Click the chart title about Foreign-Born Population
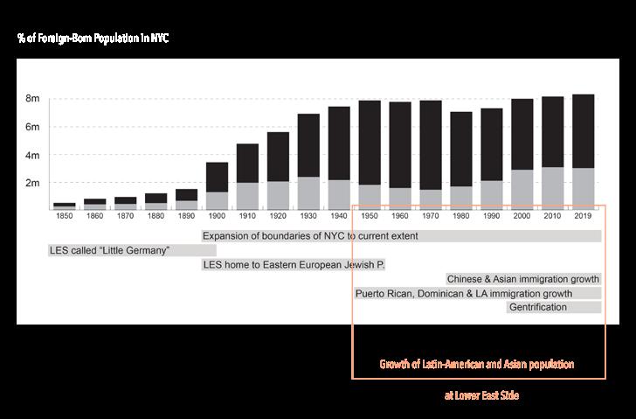pyautogui.click(x=93, y=38)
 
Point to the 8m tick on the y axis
pyautogui.click(x=32, y=99)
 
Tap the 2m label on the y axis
pyautogui.click(x=32, y=183)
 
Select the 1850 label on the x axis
pyautogui.click(x=65, y=216)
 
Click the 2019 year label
pyautogui.click(x=583, y=216)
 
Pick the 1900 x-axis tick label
pyautogui.click(x=217, y=216)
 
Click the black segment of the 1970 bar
pyautogui.click(x=431, y=145)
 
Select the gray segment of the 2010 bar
pyautogui.click(x=552, y=188)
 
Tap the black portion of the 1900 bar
pyautogui.click(x=217, y=177)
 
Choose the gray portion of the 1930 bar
pyautogui.click(x=308, y=193)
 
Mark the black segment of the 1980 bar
pyautogui.click(x=461, y=149)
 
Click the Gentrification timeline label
pyautogui.click(x=538, y=307)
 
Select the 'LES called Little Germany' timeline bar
pyautogui.click(x=132, y=250)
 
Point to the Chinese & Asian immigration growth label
pyautogui.click(x=522, y=279)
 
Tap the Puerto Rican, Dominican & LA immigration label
pyautogui.click(x=464, y=294)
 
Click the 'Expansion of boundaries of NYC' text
pyautogui.click(x=310, y=236)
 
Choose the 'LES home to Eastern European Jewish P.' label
pyautogui.click(x=294, y=265)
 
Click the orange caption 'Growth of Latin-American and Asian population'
pyautogui.click(x=477, y=364)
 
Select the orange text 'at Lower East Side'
pyautogui.click(x=482, y=395)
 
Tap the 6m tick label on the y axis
pyautogui.click(x=32, y=127)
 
